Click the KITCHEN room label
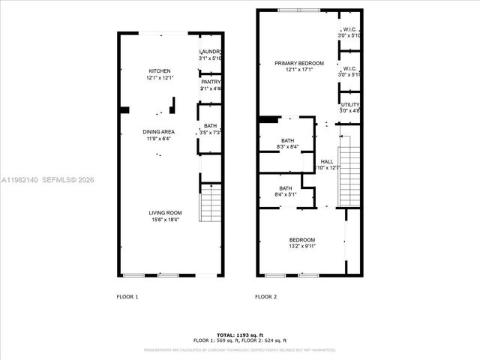pyautogui.click(x=159, y=71)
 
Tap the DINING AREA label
pyautogui.click(x=158, y=132)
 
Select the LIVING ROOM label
pyautogui.click(x=164, y=212)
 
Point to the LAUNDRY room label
pyautogui.click(x=211, y=51)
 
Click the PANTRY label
pyautogui.click(x=211, y=82)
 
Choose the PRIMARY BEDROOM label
pyautogui.click(x=298, y=64)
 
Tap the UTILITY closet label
pyautogui.click(x=349, y=104)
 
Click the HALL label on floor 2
pyautogui.click(x=327, y=161)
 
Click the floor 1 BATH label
pyautogui.click(x=210, y=126)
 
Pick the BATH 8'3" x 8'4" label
pyautogui.click(x=287, y=140)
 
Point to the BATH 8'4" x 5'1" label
pyautogui.click(x=286, y=188)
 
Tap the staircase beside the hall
pyautogui.click(x=349, y=176)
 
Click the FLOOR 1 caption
pyautogui.click(x=127, y=297)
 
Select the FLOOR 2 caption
pyautogui.click(x=266, y=297)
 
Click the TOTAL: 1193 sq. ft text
pyautogui.click(x=239, y=334)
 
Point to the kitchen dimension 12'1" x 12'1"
pyautogui.click(x=159, y=78)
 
